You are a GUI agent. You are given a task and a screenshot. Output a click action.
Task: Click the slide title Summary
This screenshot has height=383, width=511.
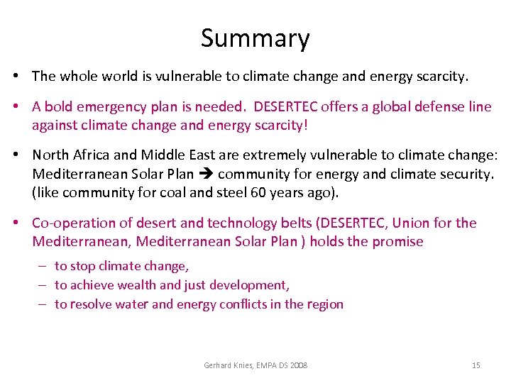255,38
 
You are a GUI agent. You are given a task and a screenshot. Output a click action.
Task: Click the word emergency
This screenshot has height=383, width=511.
110,106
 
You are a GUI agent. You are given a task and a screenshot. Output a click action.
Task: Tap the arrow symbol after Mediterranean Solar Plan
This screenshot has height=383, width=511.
205,174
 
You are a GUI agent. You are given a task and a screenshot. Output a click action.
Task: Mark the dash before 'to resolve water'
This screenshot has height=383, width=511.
42,304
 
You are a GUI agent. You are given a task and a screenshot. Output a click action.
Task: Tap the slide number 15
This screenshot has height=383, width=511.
476,365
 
